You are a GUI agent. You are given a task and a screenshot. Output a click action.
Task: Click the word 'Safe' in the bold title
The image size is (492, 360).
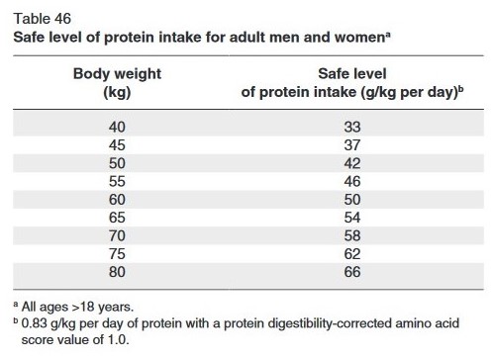[x=30, y=36]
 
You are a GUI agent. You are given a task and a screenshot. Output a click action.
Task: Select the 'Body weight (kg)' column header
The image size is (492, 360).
[x=117, y=83]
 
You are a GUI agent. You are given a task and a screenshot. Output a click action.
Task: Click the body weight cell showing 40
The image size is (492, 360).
[x=117, y=128]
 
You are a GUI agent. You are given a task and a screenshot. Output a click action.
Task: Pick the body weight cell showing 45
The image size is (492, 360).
[x=117, y=145]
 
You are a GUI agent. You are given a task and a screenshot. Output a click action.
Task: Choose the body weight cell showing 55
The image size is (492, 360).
[x=117, y=181]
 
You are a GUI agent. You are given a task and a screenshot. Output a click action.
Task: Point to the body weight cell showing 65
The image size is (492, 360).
[x=117, y=217]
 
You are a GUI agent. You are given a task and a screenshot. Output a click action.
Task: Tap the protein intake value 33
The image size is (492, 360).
[x=352, y=128]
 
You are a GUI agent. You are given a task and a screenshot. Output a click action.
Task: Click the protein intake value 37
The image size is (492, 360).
[x=352, y=145]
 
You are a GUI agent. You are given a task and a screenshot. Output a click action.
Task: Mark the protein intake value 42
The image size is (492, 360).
[x=352, y=163]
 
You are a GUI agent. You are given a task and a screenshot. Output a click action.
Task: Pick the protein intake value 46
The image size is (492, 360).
[x=352, y=181]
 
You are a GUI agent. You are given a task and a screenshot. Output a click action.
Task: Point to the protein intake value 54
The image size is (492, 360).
[x=352, y=217]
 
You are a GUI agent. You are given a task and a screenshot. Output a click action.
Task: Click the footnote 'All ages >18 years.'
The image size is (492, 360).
[x=84, y=308]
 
